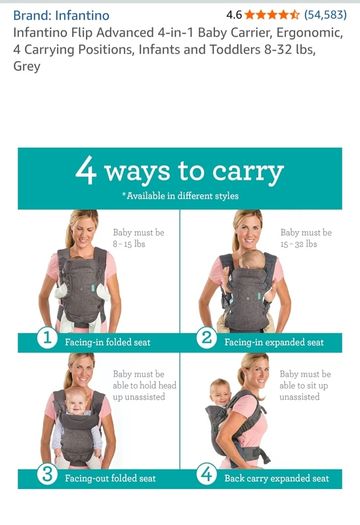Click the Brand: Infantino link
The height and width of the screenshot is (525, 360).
pyautogui.click(x=61, y=15)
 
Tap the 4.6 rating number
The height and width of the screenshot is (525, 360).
pyautogui.click(x=234, y=15)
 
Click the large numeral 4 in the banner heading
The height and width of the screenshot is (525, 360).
pyautogui.click(x=86, y=170)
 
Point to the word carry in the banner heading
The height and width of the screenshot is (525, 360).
pyautogui.click(x=248, y=171)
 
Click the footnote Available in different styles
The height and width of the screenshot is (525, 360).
pyautogui.click(x=181, y=196)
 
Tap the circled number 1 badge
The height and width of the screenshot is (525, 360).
pyautogui.click(x=47, y=338)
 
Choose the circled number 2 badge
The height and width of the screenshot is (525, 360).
pyautogui.click(x=207, y=338)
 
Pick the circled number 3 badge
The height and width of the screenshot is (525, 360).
pyautogui.click(x=47, y=474)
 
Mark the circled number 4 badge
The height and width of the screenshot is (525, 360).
pyautogui.click(x=207, y=474)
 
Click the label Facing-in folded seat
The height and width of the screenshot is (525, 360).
pyautogui.click(x=107, y=342)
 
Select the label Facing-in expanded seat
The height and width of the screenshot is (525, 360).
pyautogui.click(x=274, y=342)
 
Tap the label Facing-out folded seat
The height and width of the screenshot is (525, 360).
pyautogui.click(x=110, y=478)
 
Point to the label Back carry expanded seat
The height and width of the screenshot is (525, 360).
pyautogui.click(x=277, y=478)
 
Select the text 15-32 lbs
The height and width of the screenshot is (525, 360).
pyautogui.click(x=299, y=244)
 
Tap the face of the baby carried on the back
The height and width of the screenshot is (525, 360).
pyautogui.click(x=221, y=393)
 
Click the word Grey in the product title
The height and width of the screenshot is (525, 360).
pyautogui.click(x=27, y=66)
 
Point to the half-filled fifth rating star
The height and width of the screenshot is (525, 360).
pyautogui.click(x=294, y=15)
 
